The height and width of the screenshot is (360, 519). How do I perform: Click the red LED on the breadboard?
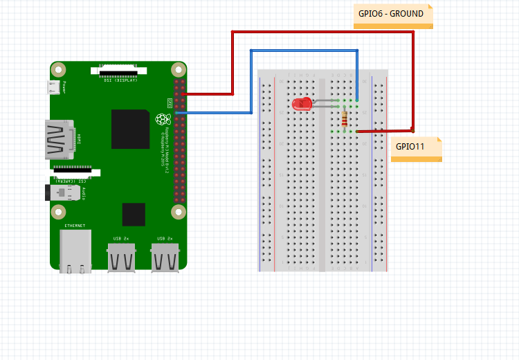(302, 105)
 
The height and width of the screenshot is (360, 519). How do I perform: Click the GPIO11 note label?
(415, 148)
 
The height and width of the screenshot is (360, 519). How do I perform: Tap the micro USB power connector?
(53, 88)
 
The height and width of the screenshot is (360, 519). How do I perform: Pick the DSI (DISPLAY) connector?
(118, 70)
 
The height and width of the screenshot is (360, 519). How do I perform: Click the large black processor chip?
(131, 129)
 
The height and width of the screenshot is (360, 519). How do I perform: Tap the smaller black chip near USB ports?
(134, 215)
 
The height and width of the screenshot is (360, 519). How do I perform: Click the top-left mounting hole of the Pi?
(60, 70)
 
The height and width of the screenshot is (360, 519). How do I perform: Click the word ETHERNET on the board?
(75, 226)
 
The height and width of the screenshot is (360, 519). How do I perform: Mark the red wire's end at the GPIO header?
(183, 94)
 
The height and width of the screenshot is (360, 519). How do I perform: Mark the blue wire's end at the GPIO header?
(178, 112)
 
